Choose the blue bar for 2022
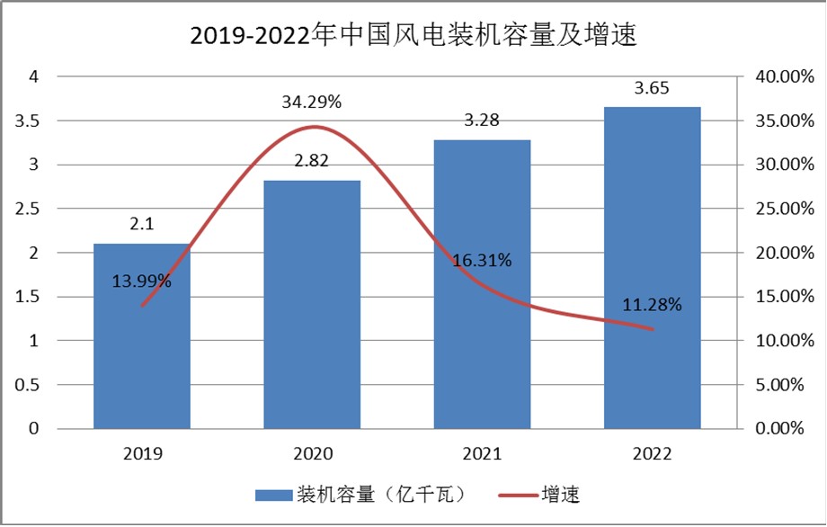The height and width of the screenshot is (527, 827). (x=652, y=270)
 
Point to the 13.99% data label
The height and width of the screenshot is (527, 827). (x=142, y=281)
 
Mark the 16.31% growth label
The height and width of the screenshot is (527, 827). (x=482, y=261)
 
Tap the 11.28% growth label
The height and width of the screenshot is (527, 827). (x=652, y=304)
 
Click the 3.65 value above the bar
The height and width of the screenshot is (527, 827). (x=652, y=88)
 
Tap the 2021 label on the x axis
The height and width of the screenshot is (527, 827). (x=482, y=452)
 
